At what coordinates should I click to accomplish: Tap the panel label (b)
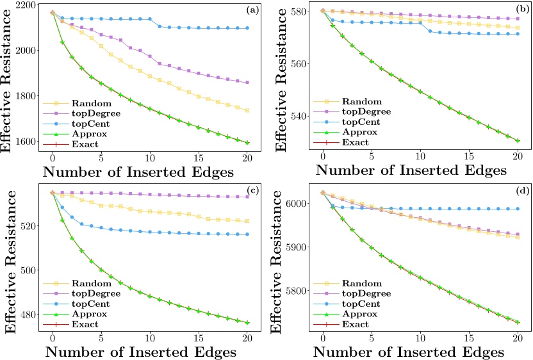coord(521,10)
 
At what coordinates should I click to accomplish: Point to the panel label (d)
coord(521,191)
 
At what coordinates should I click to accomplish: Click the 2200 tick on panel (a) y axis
coord(28,4)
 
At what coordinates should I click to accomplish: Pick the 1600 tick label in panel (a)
coord(28,142)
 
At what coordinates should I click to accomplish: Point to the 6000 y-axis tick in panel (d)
coord(297,204)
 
